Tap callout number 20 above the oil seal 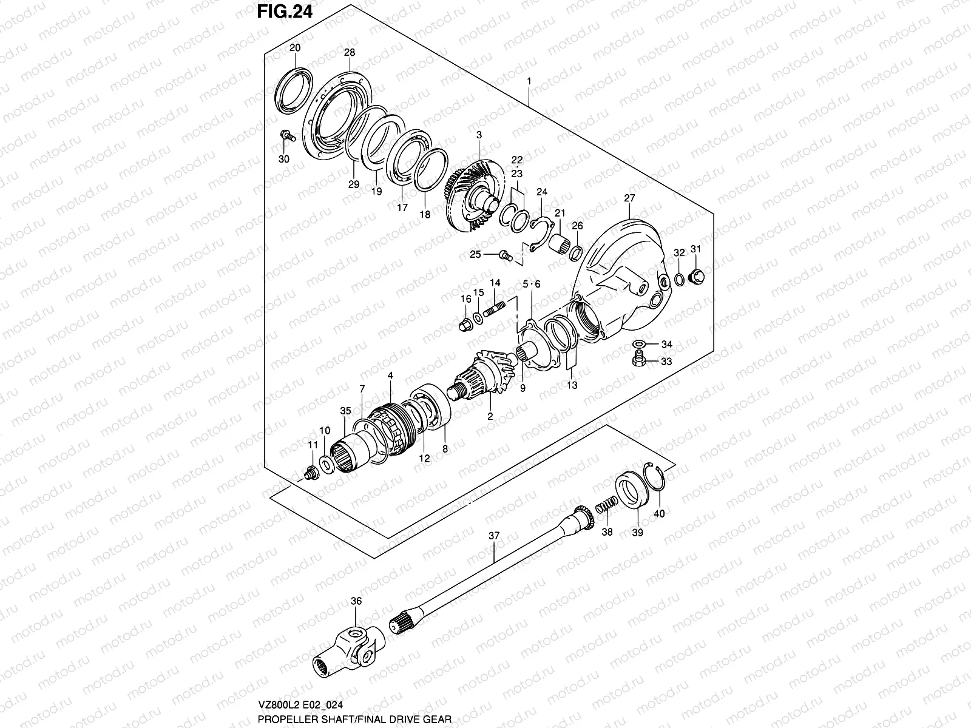295,48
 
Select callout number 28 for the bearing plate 349,53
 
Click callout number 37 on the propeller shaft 494,536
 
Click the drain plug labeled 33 637,362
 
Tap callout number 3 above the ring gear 479,134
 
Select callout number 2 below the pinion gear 489,417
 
